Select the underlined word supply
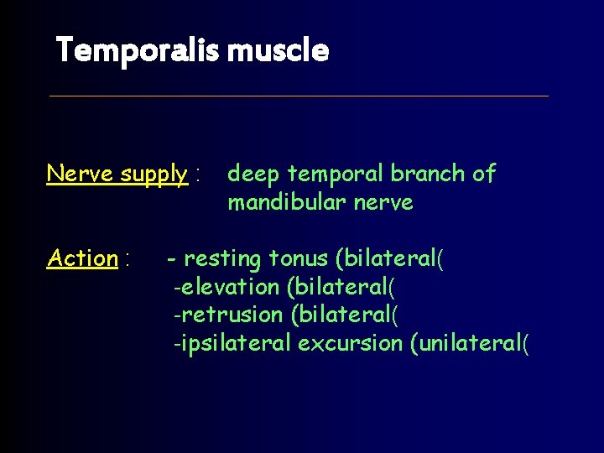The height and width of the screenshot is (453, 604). [x=154, y=174]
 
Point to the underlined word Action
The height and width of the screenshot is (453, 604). [x=82, y=258]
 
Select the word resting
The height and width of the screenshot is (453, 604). [x=222, y=259]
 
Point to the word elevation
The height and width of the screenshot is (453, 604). [x=230, y=287]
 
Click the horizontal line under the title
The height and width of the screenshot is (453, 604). [x=299, y=96]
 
